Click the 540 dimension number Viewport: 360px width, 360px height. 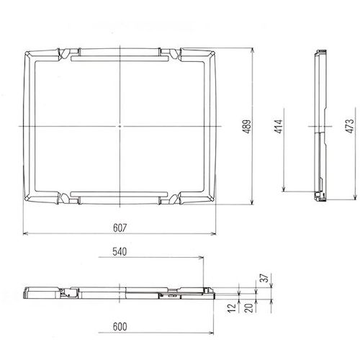[x=121, y=253]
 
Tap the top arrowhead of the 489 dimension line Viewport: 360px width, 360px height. [x=253, y=51]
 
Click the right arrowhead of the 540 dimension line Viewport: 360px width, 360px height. [x=203, y=259]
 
